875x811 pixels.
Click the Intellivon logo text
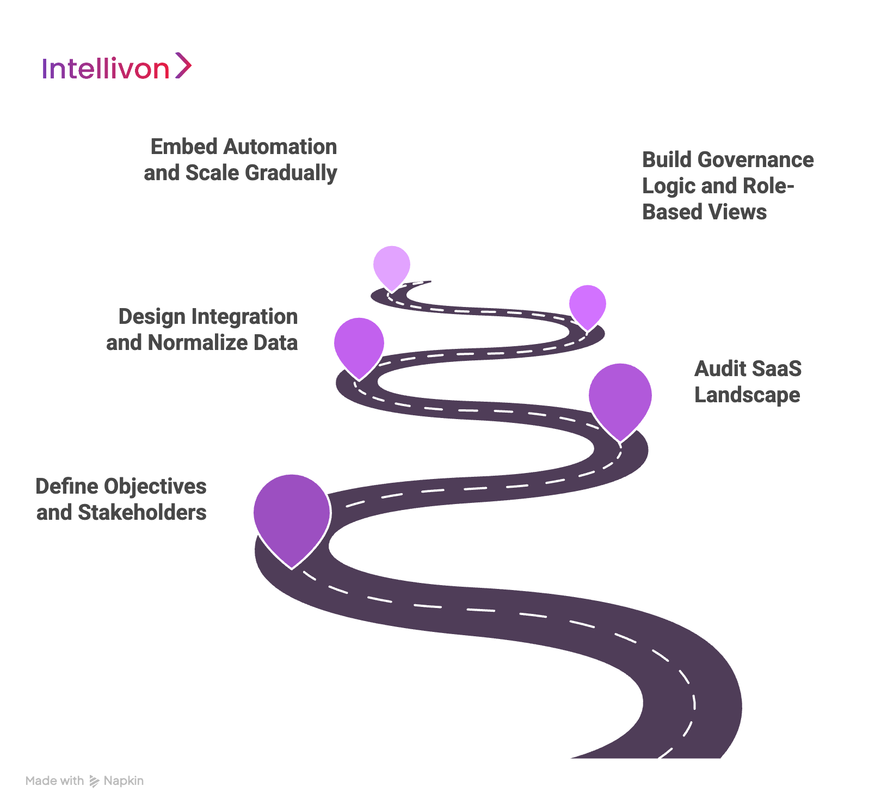[106, 69]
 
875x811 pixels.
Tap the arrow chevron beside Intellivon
[183, 66]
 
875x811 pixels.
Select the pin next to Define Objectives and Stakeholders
[292, 515]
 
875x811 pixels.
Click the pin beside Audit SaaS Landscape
[620, 396]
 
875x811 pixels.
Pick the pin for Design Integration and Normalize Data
[359, 344]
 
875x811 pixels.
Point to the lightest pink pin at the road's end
[391, 265]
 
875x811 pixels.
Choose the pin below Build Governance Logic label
[587, 304]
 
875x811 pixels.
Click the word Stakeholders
[142, 513]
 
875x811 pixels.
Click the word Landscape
[747, 395]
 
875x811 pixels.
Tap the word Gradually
[291, 173]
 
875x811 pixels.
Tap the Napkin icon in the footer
[94, 781]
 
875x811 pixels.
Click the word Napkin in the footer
[124, 781]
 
